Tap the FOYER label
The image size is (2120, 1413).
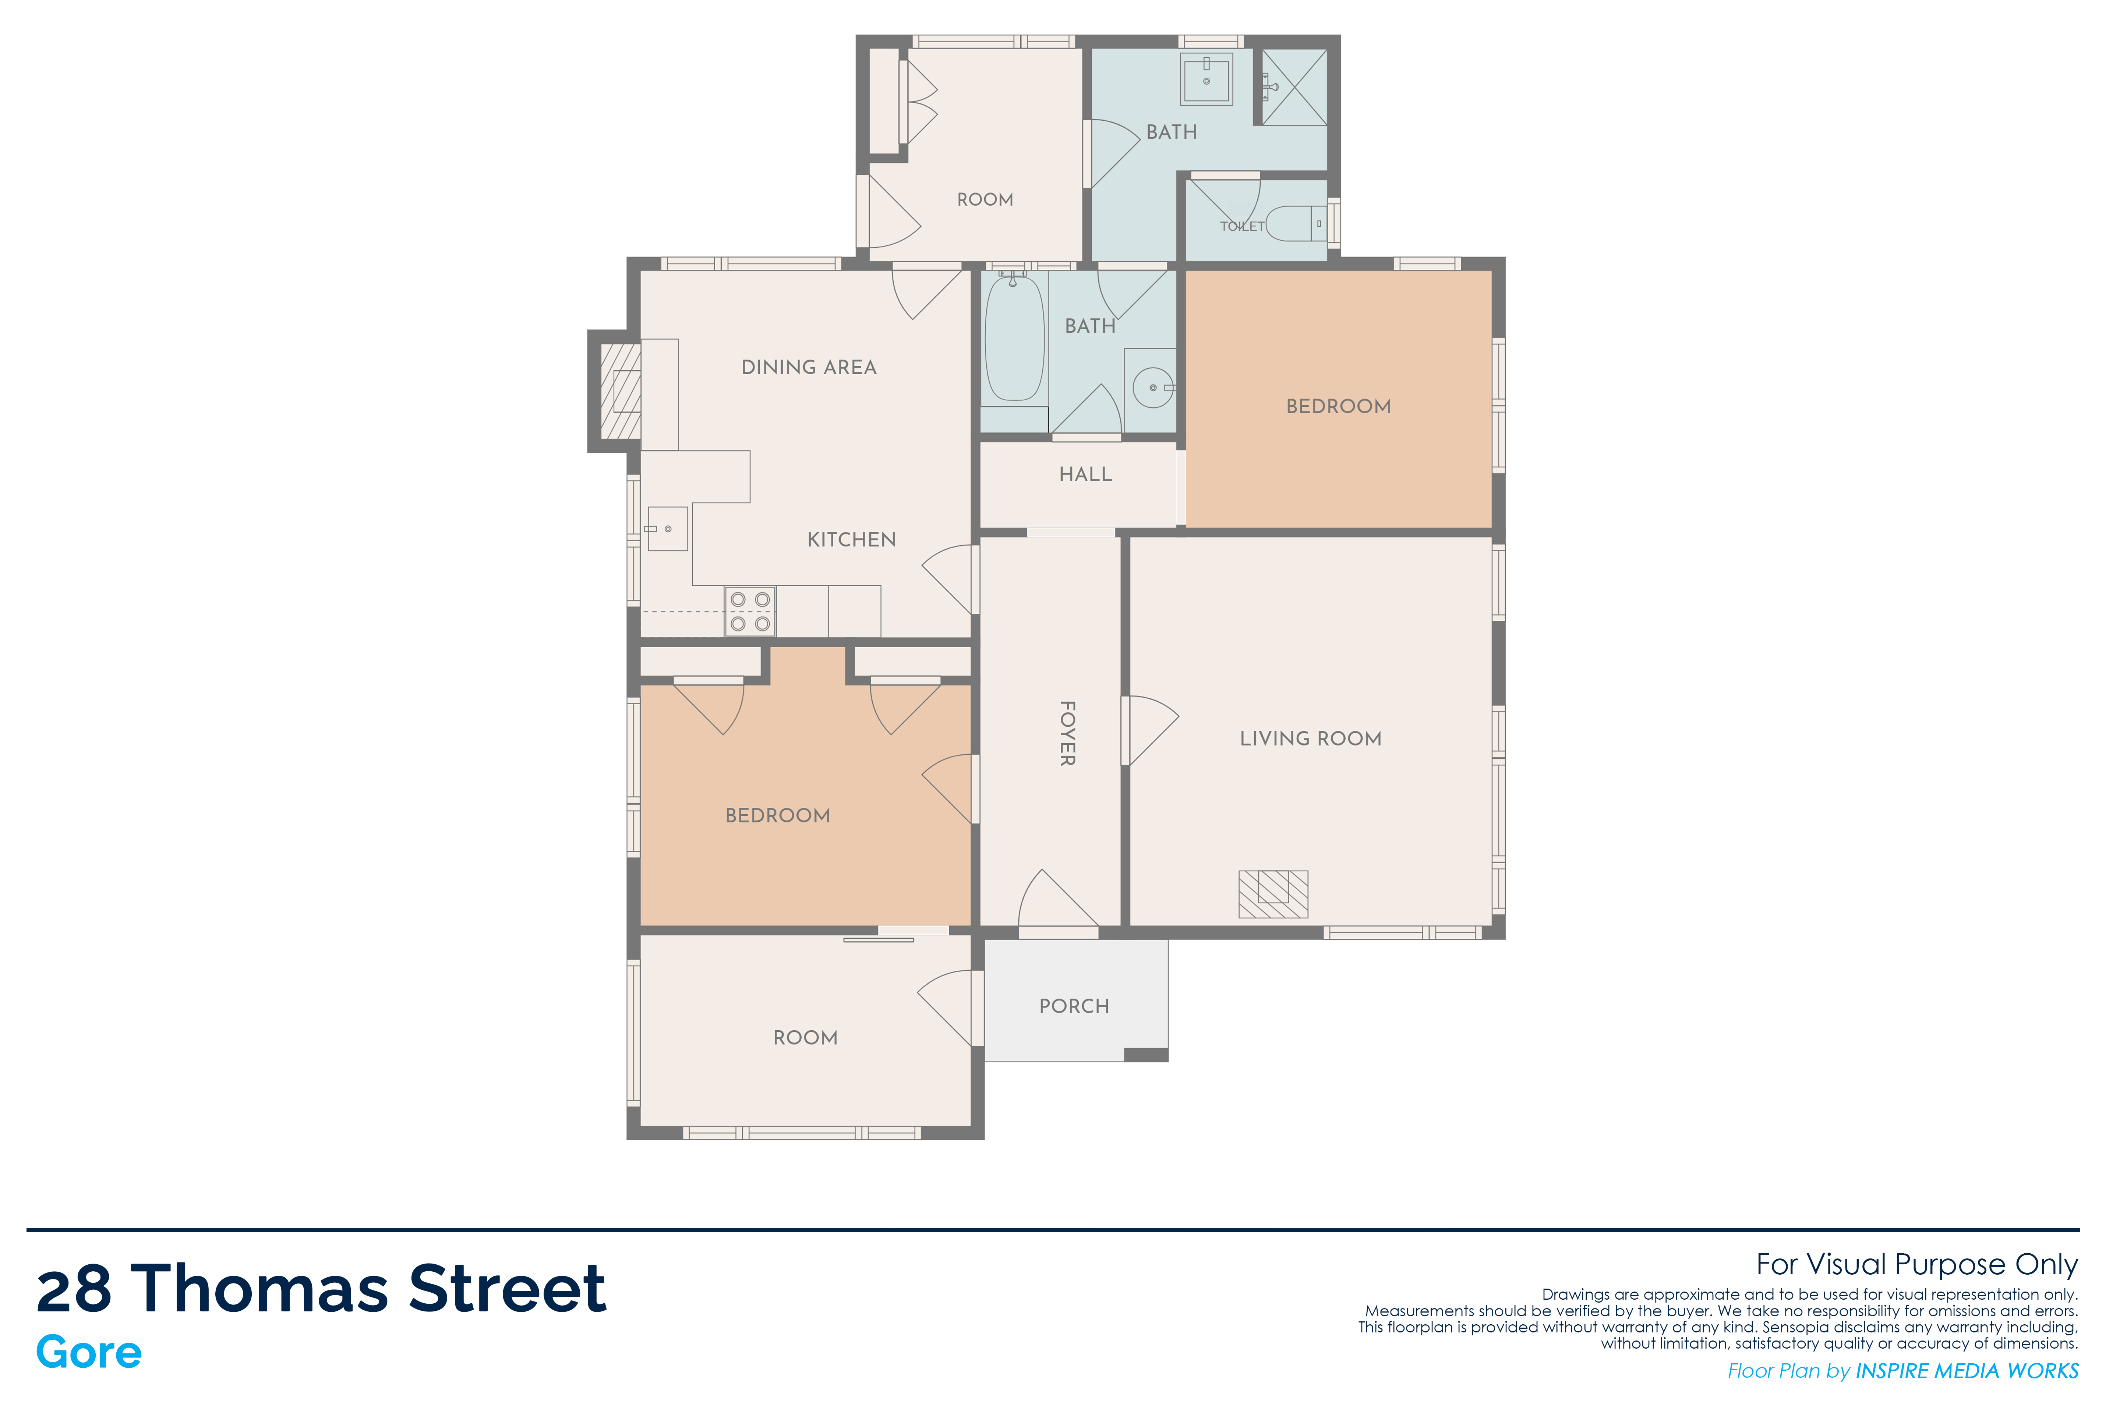(x=1067, y=733)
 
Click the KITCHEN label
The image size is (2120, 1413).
(x=852, y=540)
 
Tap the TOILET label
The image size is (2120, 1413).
(x=1242, y=226)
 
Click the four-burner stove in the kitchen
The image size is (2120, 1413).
(x=750, y=611)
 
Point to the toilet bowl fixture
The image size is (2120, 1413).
(x=1296, y=223)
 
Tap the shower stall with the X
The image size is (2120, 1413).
(x=1293, y=88)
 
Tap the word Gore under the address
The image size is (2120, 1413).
(x=89, y=1352)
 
